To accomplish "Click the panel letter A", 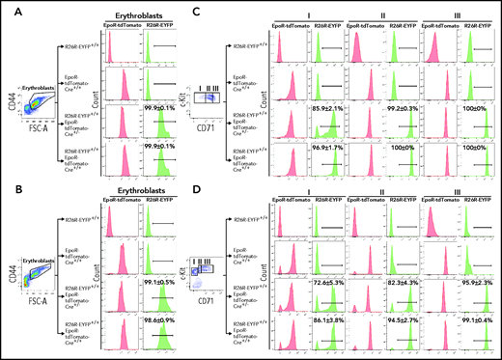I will pos(8,8).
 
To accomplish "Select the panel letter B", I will pos(8,185).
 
